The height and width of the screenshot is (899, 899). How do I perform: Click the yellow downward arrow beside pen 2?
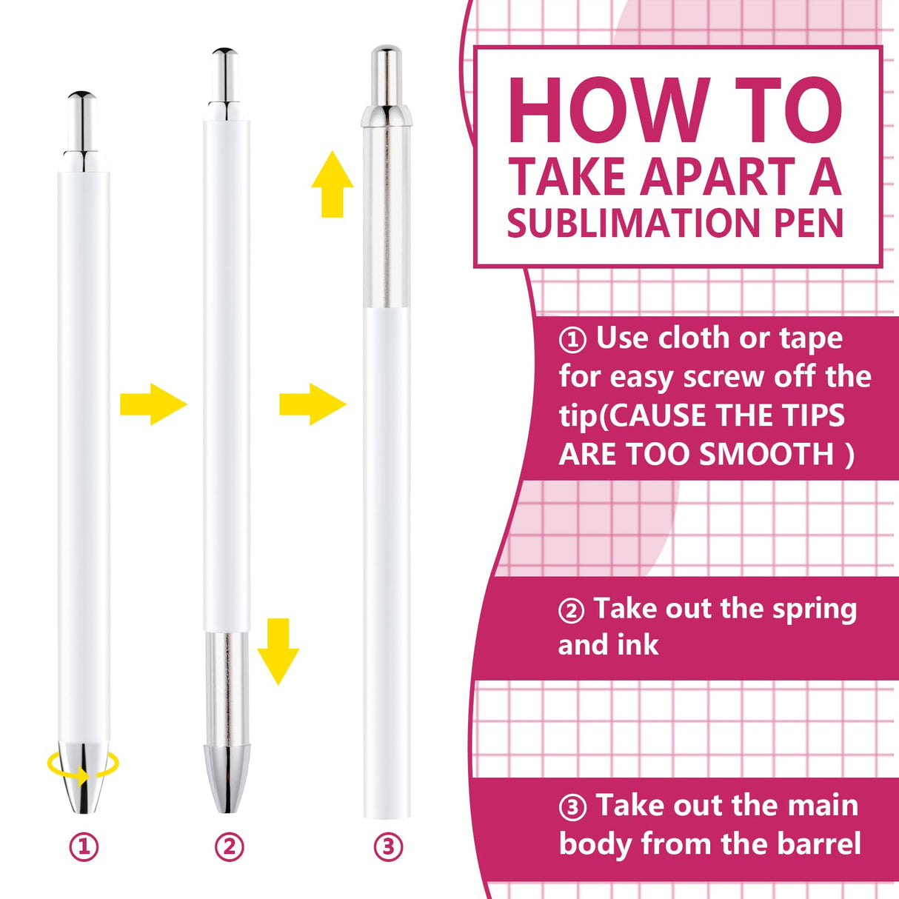point(278,651)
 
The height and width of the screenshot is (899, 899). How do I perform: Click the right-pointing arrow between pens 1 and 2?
point(153,404)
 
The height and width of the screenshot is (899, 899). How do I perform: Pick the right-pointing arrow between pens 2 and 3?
point(312,404)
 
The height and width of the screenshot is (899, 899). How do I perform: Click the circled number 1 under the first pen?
point(84,846)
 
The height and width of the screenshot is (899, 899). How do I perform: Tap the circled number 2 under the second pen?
point(229,846)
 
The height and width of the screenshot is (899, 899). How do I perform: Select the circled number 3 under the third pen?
point(388,846)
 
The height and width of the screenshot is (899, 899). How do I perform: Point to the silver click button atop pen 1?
point(82,122)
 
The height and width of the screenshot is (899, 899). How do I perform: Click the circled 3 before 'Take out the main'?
point(572,807)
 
